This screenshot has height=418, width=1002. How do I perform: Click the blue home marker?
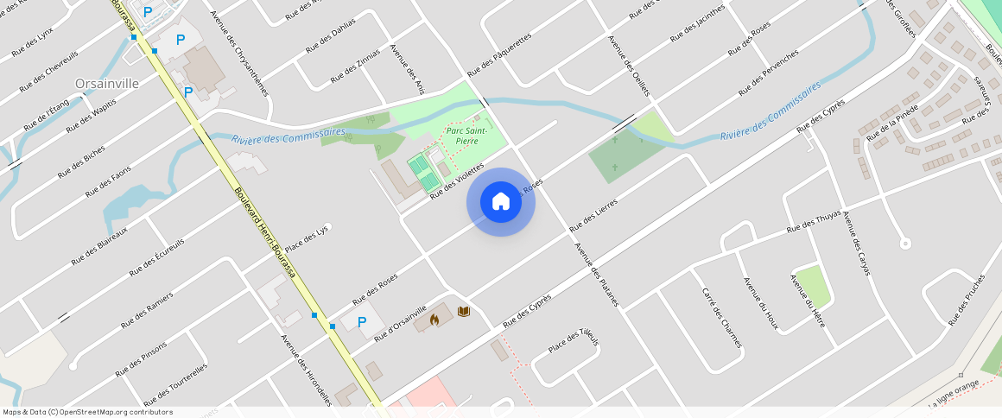coord(501,202)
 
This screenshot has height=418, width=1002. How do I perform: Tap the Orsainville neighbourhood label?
coord(107,84)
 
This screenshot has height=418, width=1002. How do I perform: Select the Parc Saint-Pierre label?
coord(466,135)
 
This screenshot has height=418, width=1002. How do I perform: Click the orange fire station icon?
coord(434,320)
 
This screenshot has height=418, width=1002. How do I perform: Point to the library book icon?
coord(464,311)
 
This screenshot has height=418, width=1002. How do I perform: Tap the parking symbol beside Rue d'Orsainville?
coord(362,322)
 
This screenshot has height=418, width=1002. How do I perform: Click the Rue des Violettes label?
coord(457,180)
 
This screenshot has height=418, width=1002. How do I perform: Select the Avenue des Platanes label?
coord(597,275)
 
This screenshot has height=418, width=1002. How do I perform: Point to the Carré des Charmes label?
coord(722,317)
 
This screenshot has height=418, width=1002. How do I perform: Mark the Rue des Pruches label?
coord(966,300)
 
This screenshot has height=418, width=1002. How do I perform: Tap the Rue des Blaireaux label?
coord(99,244)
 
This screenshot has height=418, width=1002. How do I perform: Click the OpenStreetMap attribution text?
coord(87,412)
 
